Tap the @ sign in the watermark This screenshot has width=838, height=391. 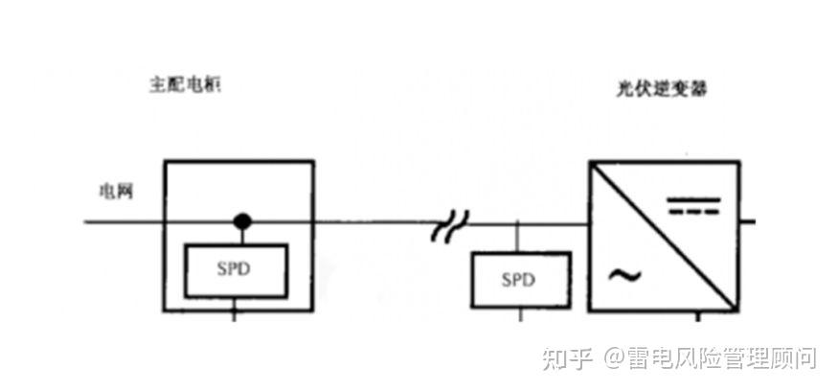click(613, 359)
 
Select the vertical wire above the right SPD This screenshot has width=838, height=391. click(520, 237)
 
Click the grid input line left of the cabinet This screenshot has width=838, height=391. click(125, 222)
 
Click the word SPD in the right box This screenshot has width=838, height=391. click(520, 279)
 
